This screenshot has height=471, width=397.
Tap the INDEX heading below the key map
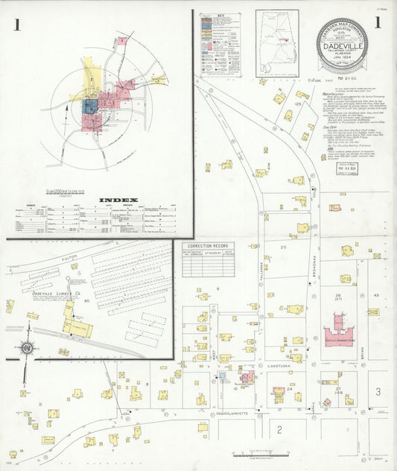pyautogui.click(x=118, y=200)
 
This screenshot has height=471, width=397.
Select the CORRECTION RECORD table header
pyautogui.click(x=207, y=247)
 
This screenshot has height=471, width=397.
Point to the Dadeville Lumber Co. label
pyautogui.click(x=57, y=294)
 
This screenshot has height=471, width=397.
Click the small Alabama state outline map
pyautogui.click(x=277, y=42)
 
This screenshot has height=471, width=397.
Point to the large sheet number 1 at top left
pyautogui.click(x=16, y=25)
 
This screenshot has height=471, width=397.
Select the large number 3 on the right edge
pyautogui.click(x=378, y=392)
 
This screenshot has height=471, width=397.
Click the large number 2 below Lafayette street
pyautogui.click(x=279, y=429)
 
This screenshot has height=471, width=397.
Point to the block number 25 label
pyautogui.click(x=283, y=246)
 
